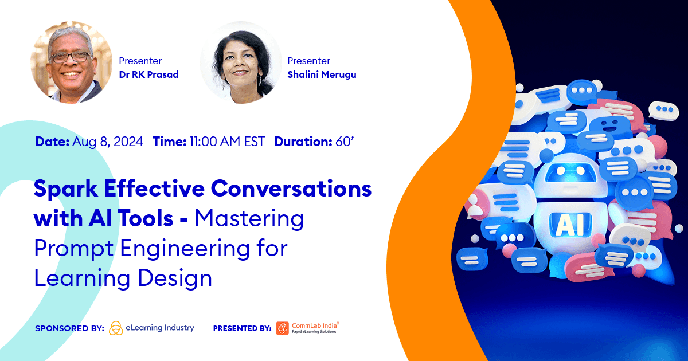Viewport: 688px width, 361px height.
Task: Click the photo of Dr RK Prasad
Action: pyautogui.click(x=70, y=62)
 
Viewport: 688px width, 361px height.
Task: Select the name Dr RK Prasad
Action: pyautogui.click(x=148, y=74)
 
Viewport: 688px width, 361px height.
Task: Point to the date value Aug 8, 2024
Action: pyautogui.click(x=108, y=142)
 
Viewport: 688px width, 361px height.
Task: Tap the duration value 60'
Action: pyautogui.click(x=345, y=142)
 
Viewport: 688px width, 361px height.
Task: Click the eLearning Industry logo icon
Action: pyautogui.click(x=116, y=328)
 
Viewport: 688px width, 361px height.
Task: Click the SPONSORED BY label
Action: pyautogui.click(x=69, y=328)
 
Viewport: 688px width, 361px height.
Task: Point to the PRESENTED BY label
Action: pyautogui.click(x=242, y=328)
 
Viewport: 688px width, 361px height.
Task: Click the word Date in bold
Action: pyautogui.click(x=52, y=142)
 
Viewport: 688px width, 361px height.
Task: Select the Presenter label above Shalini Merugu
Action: pyautogui.click(x=308, y=61)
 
